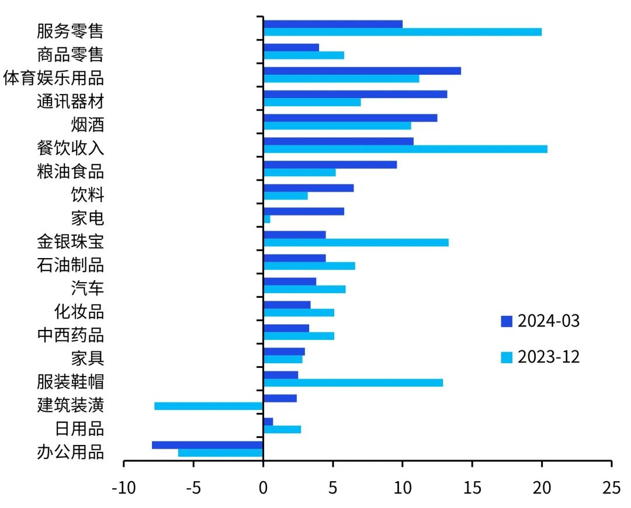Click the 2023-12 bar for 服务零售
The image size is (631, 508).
point(403,32)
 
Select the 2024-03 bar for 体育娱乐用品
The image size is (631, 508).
point(362,71)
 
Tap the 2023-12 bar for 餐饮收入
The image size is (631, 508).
point(405,149)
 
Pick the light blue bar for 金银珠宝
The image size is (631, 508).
point(356,242)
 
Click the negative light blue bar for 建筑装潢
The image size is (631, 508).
point(209,406)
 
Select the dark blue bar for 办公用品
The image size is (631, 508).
point(207,445)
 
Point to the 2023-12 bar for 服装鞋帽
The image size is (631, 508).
point(353,382)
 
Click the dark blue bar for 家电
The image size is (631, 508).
point(304,211)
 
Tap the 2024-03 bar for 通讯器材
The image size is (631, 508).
point(355,94)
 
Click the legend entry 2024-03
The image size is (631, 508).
point(540,321)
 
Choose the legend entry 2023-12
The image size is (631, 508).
point(540,357)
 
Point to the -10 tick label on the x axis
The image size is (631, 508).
point(123,488)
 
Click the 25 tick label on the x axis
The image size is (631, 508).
point(611,488)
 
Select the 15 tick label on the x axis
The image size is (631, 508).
point(472,488)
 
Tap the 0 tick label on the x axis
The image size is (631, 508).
point(264,488)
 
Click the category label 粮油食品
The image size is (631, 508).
point(70,172)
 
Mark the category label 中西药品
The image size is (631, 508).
point(70,335)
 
